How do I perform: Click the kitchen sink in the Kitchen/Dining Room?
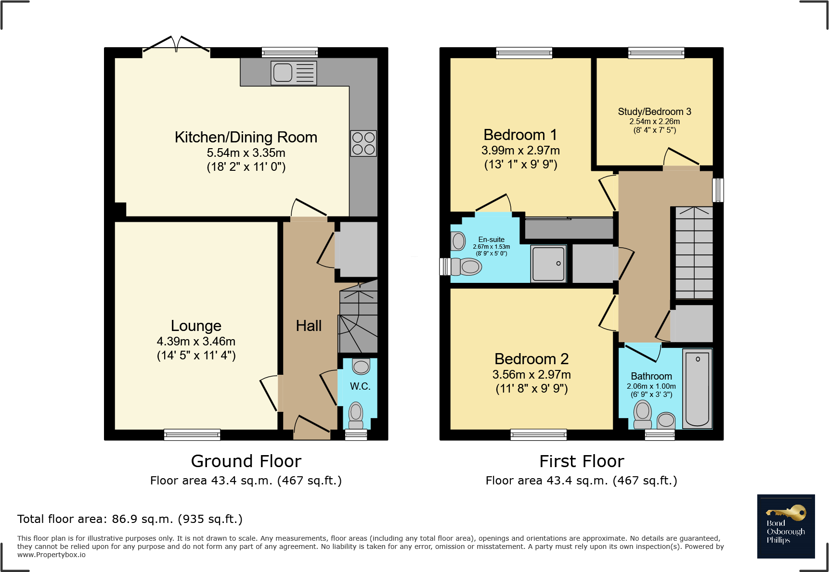coord(294,73)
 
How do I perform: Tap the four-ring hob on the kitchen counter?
coord(363,143)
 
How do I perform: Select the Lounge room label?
coord(196,326)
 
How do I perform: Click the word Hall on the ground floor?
coord(309,326)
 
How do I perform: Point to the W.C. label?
coord(360,386)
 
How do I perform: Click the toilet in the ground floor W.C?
coord(356,415)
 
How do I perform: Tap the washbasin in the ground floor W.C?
coord(361,367)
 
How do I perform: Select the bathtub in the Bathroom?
coord(697,389)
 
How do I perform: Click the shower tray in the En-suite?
coord(548,264)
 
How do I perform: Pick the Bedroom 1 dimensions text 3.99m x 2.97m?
coord(520,151)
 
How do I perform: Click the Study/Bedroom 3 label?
coord(654,112)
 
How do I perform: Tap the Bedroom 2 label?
coord(531,359)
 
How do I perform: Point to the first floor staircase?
coord(694,253)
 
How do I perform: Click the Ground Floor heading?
coord(246,461)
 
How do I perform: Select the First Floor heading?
coord(582,461)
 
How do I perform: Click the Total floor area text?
coord(130,519)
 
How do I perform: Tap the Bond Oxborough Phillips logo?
coord(786,526)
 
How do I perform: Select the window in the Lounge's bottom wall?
coord(192,435)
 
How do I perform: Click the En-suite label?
coord(492,240)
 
